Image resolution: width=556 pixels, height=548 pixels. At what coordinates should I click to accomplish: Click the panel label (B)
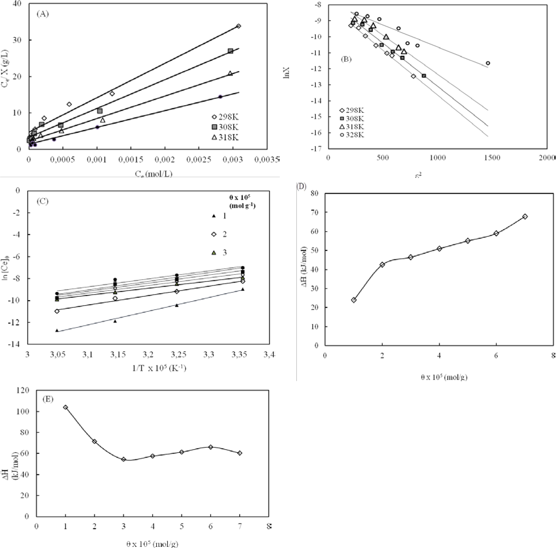click(346, 59)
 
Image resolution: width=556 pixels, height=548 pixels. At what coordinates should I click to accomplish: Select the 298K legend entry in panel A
click(225, 117)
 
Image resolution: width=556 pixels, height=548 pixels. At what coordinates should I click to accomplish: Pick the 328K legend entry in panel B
click(352, 135)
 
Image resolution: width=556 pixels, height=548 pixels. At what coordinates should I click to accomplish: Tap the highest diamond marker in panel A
click(238, 26)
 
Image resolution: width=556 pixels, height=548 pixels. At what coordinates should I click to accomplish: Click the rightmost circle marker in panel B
click(488, 63)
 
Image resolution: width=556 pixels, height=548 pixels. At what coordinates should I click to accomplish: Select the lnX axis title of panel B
click(287, 73)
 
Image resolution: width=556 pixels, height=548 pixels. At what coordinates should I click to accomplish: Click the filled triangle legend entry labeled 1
click(219, 216)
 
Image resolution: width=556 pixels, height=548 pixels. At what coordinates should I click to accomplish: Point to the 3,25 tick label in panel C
click(179, 354)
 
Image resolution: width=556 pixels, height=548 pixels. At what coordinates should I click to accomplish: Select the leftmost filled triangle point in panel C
click(57, 330)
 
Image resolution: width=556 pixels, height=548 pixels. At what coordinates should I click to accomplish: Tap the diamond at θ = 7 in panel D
click(525, 216)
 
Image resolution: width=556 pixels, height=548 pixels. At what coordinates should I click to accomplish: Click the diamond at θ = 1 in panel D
click(354, 300)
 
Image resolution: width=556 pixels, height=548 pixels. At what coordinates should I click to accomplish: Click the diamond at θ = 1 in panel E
click(65, 407)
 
